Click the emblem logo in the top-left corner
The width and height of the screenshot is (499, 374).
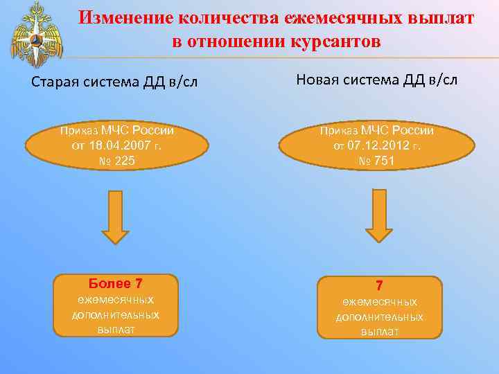pos(31,34)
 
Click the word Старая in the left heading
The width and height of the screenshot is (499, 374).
pos(56,82)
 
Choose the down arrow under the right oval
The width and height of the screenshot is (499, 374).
pos(378,215)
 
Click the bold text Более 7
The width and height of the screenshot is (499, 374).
pos(116,283)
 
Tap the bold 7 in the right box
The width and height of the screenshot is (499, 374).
pos(379,285)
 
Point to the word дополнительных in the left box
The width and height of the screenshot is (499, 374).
pos(116,314)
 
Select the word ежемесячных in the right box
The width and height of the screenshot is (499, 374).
pos(379,302)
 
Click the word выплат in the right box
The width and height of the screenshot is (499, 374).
pos(379,332)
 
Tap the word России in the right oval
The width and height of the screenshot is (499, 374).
pos(412,130)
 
